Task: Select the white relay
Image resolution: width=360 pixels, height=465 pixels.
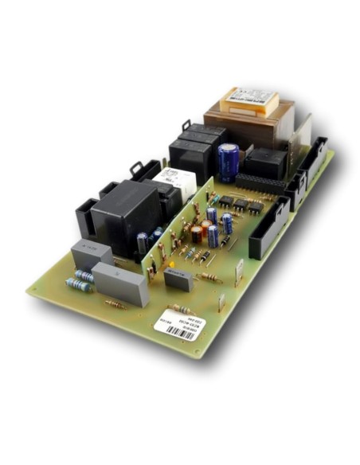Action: click(175, 182)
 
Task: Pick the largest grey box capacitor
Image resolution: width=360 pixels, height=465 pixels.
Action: click(121, 283)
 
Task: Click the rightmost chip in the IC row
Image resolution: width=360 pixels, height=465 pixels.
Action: click(255, 208)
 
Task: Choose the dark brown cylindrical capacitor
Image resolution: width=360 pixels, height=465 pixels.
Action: click(196, 233)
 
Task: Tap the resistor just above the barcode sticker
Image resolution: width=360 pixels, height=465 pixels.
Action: click(180, 309)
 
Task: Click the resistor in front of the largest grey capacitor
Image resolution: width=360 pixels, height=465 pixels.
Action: click(115, 304)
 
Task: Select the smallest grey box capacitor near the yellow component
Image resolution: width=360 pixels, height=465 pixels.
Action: click(178, 280)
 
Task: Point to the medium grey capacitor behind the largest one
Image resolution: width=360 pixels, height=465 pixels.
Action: click(91, 253)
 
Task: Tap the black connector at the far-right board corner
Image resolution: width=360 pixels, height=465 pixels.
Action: click(315, 155)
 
